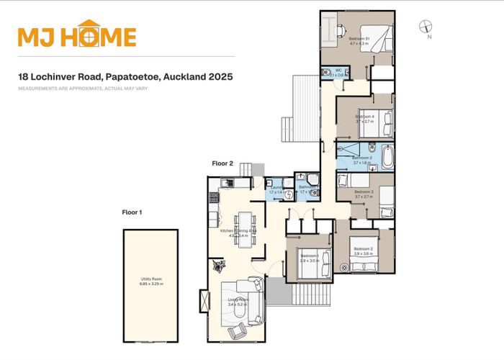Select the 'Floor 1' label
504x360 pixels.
pos(132,212)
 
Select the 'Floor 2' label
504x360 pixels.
pos(222,164)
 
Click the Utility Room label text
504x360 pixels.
pos(151,282)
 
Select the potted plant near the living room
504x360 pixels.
pos(216,266)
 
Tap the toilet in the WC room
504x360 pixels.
pos(345,73)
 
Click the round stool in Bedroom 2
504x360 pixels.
pos(344,266)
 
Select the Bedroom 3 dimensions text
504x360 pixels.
pos(364,197)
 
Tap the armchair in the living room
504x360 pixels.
pos(235,332)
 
